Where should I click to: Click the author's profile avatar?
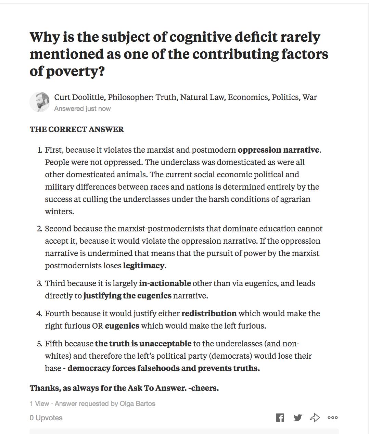40,102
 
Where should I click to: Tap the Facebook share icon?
280,418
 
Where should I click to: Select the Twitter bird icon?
297,418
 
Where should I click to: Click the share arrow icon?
315,418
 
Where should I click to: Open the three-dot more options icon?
333,418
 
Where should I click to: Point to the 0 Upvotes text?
46,418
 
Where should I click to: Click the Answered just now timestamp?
82,108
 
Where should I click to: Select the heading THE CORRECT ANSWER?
77,129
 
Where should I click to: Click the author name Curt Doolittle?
79,97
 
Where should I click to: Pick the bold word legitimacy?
144,266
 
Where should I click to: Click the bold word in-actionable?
165,283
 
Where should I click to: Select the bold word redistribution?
209,314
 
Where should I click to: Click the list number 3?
39,284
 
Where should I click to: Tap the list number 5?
39,344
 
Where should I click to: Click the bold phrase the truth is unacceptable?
143,344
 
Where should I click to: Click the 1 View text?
39,404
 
